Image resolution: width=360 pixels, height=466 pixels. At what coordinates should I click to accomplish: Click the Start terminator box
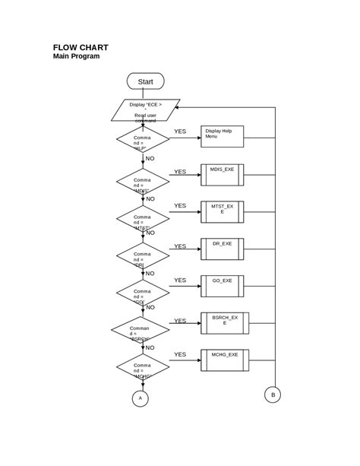(x=146, y=81)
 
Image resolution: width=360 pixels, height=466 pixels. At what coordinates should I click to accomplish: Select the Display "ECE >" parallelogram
(x=146, y=109)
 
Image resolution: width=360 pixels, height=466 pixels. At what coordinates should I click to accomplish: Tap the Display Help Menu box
(x=222, y=137)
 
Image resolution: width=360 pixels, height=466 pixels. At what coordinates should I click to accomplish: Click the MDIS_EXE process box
(x=222, y=175)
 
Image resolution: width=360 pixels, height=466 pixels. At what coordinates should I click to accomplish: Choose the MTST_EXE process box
(x=222, y=211)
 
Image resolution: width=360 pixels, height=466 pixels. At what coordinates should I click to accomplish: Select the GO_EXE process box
(x=222, y=286)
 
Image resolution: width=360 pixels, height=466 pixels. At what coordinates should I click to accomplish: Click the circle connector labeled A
(x=139, y=398)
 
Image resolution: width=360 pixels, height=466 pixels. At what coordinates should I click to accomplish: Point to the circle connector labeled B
(x=272, y=395)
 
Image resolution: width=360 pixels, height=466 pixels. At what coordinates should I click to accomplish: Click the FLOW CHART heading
(x=80, y=47)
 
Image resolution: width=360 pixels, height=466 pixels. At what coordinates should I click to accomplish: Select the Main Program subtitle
(x=76, y=56)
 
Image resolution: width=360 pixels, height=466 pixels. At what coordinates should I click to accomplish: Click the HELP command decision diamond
(x=143, y=141)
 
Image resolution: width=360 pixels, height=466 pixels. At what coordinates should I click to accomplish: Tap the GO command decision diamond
(x=143, y=293)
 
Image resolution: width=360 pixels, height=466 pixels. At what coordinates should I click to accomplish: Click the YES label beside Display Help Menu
(x=179, y=132)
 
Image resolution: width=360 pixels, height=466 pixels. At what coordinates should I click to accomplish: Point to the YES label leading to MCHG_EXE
(x=179, y=354)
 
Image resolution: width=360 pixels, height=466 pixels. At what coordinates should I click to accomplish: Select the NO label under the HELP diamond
(x=150, y=159)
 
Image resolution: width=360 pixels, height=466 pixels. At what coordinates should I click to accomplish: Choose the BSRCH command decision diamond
(x=141, y=330)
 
